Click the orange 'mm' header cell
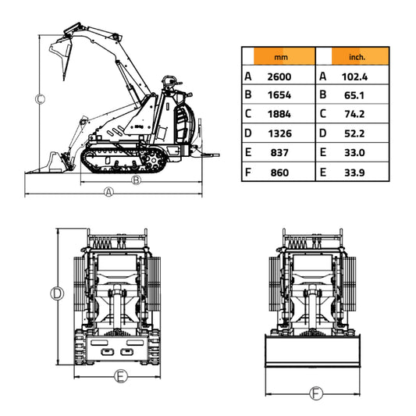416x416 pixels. [x=279, y=57]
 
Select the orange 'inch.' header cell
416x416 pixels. [x=359, y=57]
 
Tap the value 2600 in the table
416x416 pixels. [x=279, y=76]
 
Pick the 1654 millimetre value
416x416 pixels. [x=279, y=95]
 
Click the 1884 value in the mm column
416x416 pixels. [x=279, y=115]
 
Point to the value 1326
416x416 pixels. [x=279, y=134]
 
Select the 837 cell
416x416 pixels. [x=279, y=153]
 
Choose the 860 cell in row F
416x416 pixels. [x=279, y=172]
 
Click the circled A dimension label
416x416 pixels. [x=109, y=191]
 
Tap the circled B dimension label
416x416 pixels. [x=136, y=180]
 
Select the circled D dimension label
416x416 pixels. [x=56, y=293]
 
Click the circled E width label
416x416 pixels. [x=120, y=376]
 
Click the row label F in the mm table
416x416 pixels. [x=248, y=172]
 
